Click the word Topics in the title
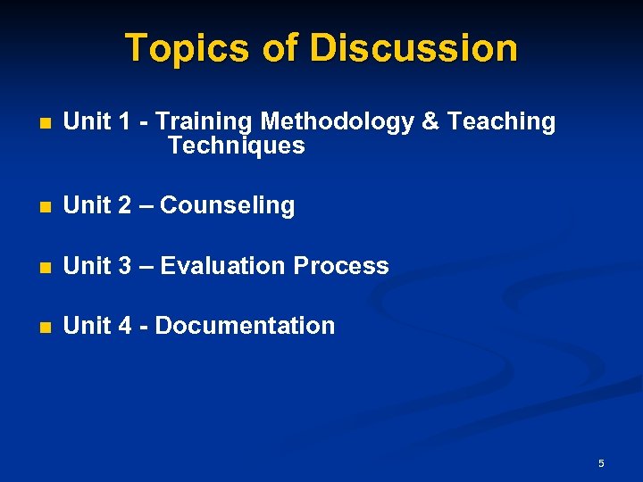click(188, 48)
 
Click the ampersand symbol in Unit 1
click(430, 121)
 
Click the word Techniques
click(236, 145)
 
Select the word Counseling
click(227, 206)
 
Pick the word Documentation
click(245, 326)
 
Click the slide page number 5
click(601, 463)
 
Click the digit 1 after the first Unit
click(124, 121)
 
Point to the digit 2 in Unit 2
click(125, 206)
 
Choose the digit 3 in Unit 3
click(125, 266)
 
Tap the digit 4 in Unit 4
click(125, 326)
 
